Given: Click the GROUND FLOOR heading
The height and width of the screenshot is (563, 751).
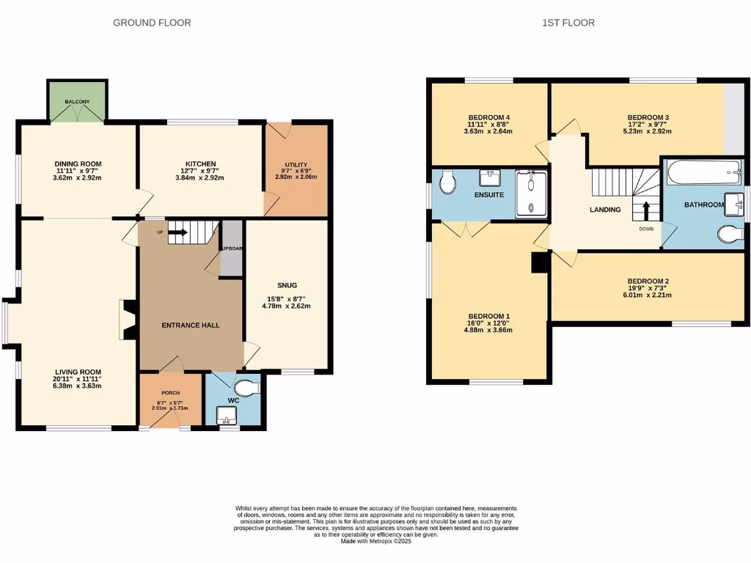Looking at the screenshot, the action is [x=152, y=23].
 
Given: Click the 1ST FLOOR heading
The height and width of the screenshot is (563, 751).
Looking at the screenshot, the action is [x=568, y=23].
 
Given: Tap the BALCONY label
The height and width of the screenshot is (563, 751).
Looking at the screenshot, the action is [x=77, y=101].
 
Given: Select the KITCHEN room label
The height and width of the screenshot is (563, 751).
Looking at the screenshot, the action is [x=200, y=163].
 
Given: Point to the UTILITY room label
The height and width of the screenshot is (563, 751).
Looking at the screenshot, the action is [x=296, y=165].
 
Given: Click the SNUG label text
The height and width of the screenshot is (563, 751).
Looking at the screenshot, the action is [x=287, y=284].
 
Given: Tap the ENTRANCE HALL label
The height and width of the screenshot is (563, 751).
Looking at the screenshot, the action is [x=191, y=325].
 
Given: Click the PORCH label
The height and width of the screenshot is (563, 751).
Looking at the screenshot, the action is [x=170, y=393].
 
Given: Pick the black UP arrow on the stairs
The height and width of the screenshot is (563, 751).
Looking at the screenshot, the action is [x=177, y=235].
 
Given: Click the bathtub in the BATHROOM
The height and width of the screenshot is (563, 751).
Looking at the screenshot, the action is [x=704, y=174].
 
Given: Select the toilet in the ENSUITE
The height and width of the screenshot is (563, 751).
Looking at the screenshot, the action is [x=448, y=182].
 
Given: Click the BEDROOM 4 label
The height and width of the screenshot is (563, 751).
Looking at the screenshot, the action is [x=488, y=117].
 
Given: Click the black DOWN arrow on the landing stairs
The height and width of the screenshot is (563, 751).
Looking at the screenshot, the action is [x=645, y=211].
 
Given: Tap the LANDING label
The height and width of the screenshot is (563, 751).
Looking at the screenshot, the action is [x=605, y=210].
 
